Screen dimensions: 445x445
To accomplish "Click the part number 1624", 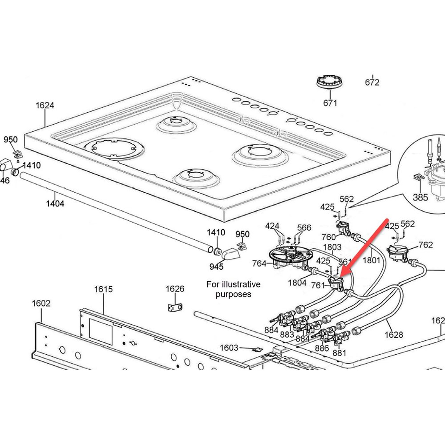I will point(44,105).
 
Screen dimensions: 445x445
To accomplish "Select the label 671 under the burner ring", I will point(330,103).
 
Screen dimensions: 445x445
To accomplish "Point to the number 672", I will point(372,82).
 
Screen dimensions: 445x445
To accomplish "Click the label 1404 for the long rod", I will point(55,203).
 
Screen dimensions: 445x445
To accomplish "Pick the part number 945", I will point(216,266).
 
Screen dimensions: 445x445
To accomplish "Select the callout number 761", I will point(318,285).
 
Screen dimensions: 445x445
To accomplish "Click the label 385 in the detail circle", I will point(420,197).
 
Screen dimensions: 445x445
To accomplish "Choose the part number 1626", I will point(175,289).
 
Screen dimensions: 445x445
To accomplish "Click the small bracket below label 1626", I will point(175,307).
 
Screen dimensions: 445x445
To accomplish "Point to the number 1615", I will point(103,289).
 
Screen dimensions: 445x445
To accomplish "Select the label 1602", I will point(41,303).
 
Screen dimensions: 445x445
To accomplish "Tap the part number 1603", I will point(229,348).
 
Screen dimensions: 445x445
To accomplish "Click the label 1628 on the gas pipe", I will point(394,334).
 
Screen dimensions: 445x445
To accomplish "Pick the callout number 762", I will point(425,245).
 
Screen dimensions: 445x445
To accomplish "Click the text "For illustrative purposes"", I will point(233,289).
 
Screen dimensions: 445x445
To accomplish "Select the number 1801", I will point(371,260).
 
